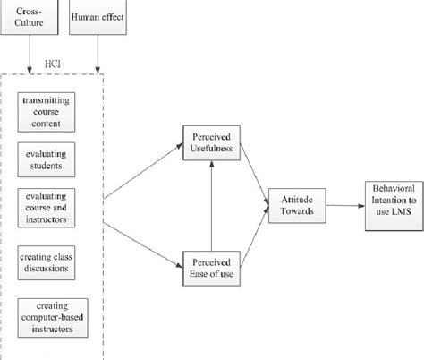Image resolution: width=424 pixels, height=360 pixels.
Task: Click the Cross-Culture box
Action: click(x=37, y=19)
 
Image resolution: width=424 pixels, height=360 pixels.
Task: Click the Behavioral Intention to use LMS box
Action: click(x=387, y=204)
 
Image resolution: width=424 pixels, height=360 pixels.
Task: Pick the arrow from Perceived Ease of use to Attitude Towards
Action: click(x=255, y=235)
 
